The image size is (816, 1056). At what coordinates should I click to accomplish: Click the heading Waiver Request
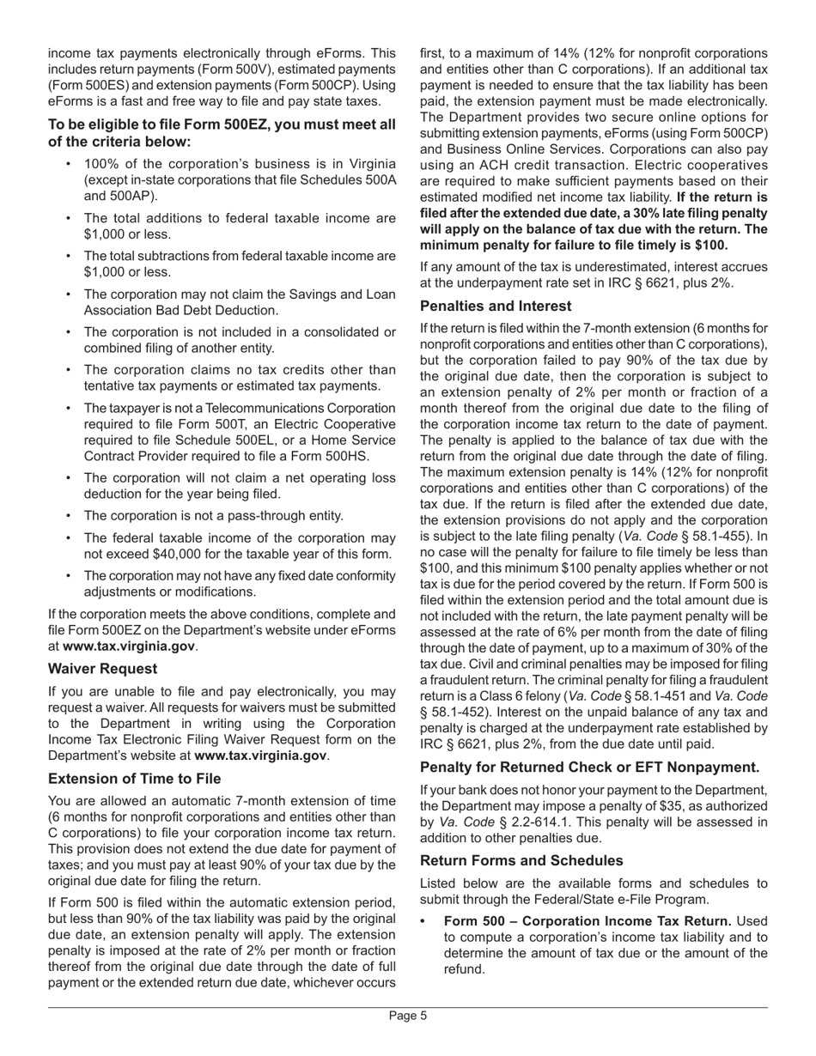click(x=102, y=669)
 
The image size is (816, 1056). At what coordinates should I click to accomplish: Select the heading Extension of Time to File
click(x=135, y=779)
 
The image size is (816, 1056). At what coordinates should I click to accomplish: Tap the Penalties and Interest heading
click(x=496, y=306)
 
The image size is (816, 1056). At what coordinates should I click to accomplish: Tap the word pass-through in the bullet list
click(x=253, y=516)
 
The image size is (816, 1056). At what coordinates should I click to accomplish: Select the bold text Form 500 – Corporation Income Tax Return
click(x=588, y=921)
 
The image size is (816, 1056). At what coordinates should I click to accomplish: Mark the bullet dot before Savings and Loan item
click(x=68, y=294)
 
